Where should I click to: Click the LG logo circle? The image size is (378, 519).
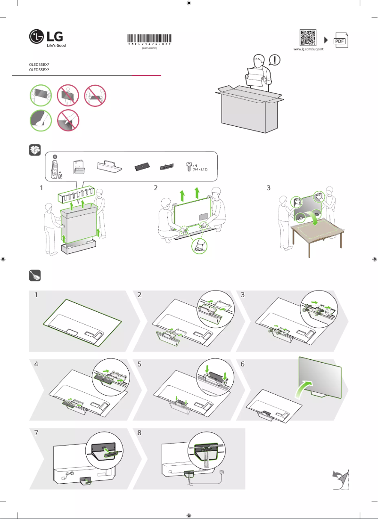[x=37, y=37]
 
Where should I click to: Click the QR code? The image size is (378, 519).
[x=308, y=38]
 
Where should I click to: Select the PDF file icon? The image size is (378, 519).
[x=340, y=41]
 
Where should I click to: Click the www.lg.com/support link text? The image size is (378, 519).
[x=308, y=49]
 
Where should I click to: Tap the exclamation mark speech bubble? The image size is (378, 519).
[x=275, y=60]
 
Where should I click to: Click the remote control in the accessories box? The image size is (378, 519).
[x=55, y=167]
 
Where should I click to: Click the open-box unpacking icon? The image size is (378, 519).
[x=34, y=150]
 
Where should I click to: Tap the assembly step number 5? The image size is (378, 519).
[x=140, y=364]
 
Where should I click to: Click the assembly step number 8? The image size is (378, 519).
[x=140, y=432]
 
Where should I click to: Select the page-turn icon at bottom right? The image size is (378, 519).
[x=340, y=479]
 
